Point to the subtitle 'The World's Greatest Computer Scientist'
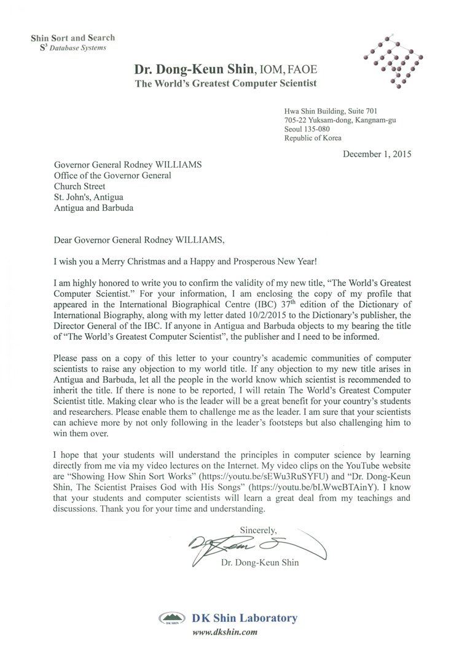point(226,84)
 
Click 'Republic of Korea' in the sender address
point(313,138)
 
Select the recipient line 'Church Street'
point(79,186)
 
